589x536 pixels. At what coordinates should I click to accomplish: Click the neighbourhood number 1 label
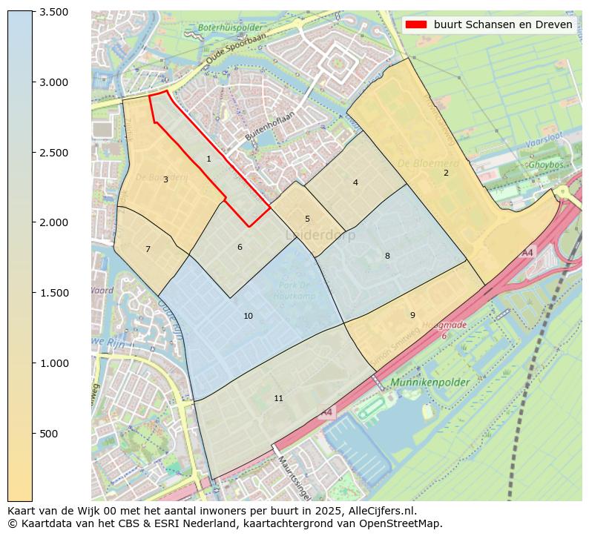[208, 159]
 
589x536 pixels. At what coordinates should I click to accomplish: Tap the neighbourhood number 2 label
[446, 173]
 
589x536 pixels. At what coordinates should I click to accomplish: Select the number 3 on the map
[165, 179]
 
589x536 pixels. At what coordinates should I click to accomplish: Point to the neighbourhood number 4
[355, 182]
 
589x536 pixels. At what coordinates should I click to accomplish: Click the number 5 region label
[307, 219]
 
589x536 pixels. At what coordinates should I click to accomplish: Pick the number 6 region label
[240, 247]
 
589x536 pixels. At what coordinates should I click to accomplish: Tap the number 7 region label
[148, 249]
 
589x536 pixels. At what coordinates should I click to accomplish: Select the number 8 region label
[387, 256]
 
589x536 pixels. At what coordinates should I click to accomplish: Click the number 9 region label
[412, 315]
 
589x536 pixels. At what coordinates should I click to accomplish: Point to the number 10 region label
[248, 316]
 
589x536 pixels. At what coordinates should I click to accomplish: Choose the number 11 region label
[278, 398]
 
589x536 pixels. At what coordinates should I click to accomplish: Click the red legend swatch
[416, 24]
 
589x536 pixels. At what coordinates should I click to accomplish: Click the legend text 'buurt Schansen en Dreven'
[503, 24]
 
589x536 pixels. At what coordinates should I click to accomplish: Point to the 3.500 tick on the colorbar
[53, 12]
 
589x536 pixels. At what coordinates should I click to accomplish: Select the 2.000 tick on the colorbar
[53, 222]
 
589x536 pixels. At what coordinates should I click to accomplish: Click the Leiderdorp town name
[320, 235]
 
